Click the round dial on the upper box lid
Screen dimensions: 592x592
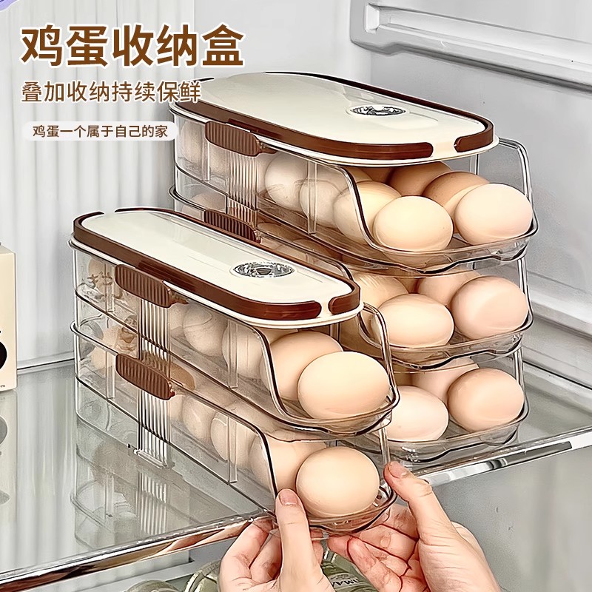click(x=368, y=111)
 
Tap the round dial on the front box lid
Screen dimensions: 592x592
click(x=254, y=269)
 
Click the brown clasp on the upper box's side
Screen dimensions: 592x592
click(x=232, y=138)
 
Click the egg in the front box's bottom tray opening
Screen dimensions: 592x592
click(x=337, y=481)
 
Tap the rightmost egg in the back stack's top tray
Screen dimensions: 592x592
click(x=493, y=214)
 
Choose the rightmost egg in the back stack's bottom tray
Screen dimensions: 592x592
click(x=485, y=400)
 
